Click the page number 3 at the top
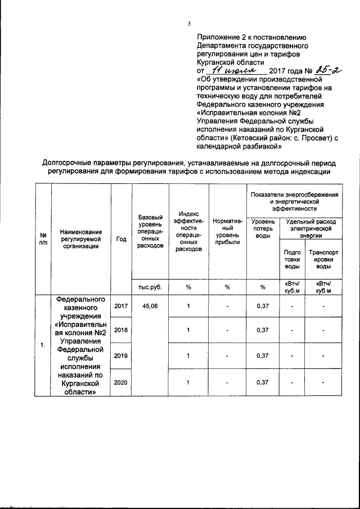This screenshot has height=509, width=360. tap(190, 23)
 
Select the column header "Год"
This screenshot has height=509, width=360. tap(121, 238)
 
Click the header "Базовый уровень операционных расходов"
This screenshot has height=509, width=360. tap(150, 231)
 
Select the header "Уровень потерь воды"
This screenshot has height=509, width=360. tap(262, 228)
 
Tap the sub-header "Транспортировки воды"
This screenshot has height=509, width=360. tap(323, 259)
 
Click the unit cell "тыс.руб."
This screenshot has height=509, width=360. tap(150, 287)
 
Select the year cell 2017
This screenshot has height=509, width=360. tap(121, 306)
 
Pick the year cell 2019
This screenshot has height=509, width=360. tap(121, 355)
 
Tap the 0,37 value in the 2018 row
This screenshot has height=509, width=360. tap(262, 330)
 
